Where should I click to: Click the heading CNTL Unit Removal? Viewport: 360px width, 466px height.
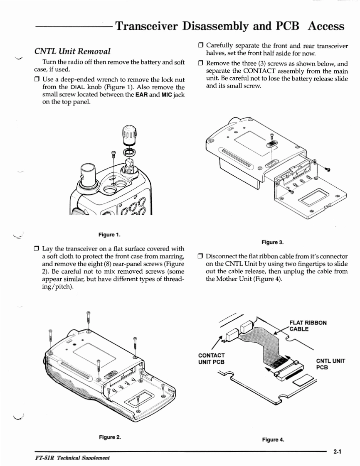click(77, 52)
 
